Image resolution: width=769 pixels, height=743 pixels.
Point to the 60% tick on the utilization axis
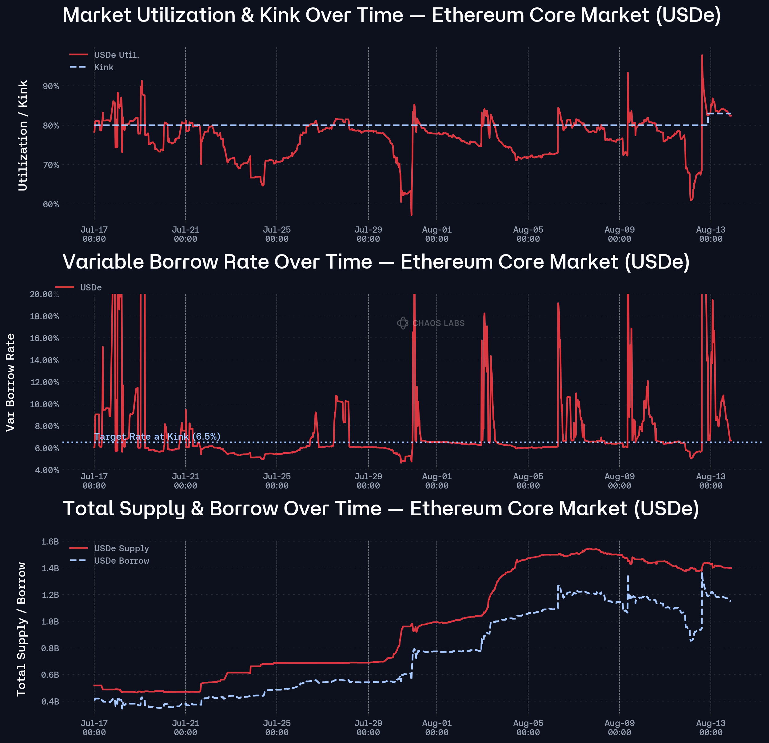click(x=51, y=205)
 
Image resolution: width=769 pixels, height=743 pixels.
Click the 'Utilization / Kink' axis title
click(x=23, y=135)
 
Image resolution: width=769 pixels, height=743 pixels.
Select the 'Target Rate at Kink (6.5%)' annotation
click(x=157, y=437)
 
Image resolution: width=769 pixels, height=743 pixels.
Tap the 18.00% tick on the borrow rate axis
click(x=44, y=316)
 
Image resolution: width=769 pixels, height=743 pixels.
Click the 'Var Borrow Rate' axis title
click(x=10, y=382)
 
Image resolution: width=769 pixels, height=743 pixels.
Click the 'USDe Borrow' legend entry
click(x=121, y=561)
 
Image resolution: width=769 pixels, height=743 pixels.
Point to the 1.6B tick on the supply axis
click(x=50, y=542)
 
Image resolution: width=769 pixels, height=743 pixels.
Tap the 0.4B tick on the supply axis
click(x=50, y=701)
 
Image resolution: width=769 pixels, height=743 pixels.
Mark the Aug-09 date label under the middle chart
click(x=619, y=481)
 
